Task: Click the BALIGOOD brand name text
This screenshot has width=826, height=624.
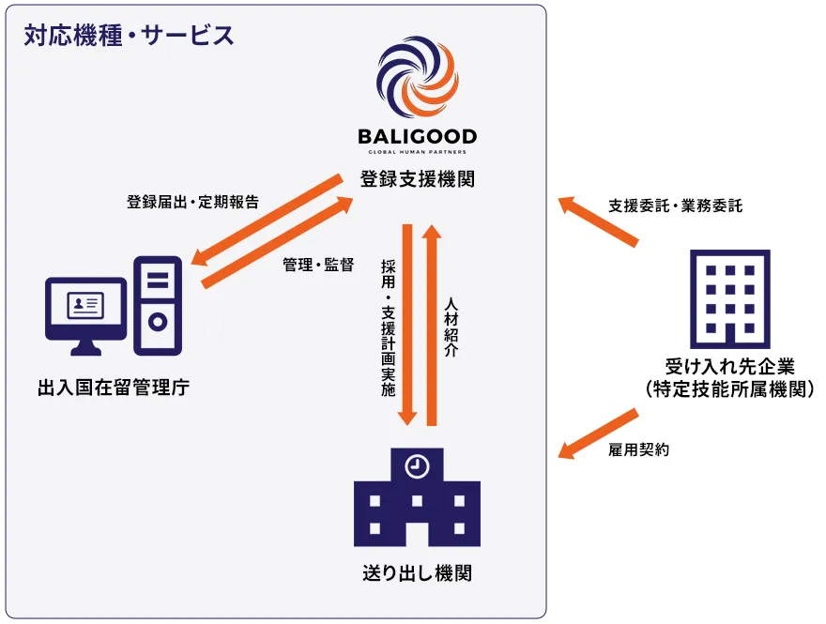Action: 417,137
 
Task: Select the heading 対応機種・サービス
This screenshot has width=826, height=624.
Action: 129,37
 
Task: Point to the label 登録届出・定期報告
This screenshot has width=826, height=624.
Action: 192,202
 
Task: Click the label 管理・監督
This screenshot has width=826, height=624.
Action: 318,265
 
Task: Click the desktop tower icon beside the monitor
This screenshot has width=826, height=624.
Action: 158,306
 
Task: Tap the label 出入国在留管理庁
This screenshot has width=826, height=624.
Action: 114,386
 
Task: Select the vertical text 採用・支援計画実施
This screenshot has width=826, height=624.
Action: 388,327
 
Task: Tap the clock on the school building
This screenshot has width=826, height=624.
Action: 417,465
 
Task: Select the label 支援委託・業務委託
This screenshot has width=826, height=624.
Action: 675,205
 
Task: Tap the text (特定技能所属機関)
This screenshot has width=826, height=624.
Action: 729,388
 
